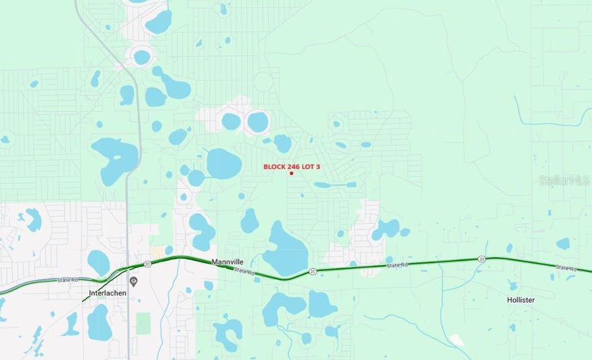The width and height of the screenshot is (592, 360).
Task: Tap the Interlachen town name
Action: point(108,293)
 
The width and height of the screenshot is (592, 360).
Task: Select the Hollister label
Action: point(521,299)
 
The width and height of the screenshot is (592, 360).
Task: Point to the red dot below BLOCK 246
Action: point(291,174)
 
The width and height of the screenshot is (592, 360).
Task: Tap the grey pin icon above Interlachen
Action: point(133,281)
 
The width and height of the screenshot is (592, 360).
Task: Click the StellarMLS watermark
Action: point(564,180)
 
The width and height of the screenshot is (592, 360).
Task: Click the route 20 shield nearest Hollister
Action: point(482,258)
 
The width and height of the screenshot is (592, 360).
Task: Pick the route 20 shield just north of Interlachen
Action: point(146,264)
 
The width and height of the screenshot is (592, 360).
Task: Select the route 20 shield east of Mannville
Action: point(313,271)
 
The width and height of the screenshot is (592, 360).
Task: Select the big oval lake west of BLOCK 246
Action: point(223,164)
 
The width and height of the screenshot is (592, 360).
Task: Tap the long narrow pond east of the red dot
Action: point(334,184)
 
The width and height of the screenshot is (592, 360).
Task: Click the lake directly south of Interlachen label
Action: point(100,323)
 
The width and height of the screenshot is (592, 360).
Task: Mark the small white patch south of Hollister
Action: point(457,340)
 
